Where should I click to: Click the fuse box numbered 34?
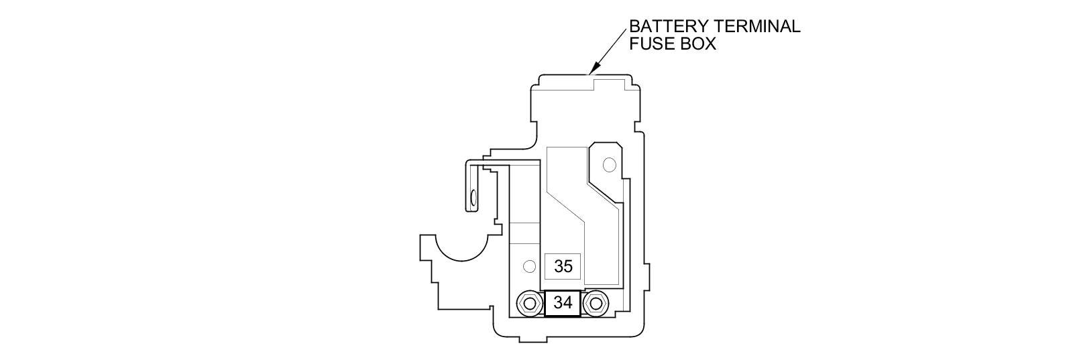563,303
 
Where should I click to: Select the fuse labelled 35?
563,267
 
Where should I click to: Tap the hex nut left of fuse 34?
530,304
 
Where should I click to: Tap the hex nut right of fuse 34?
595,304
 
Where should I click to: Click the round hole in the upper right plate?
609,164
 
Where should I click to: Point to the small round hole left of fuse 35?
529,267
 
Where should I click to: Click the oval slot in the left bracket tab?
473,197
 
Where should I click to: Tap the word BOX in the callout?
696,44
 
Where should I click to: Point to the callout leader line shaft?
610,47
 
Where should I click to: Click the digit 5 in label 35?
568,267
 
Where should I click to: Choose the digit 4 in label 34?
568,303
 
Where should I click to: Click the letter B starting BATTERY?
634,27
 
